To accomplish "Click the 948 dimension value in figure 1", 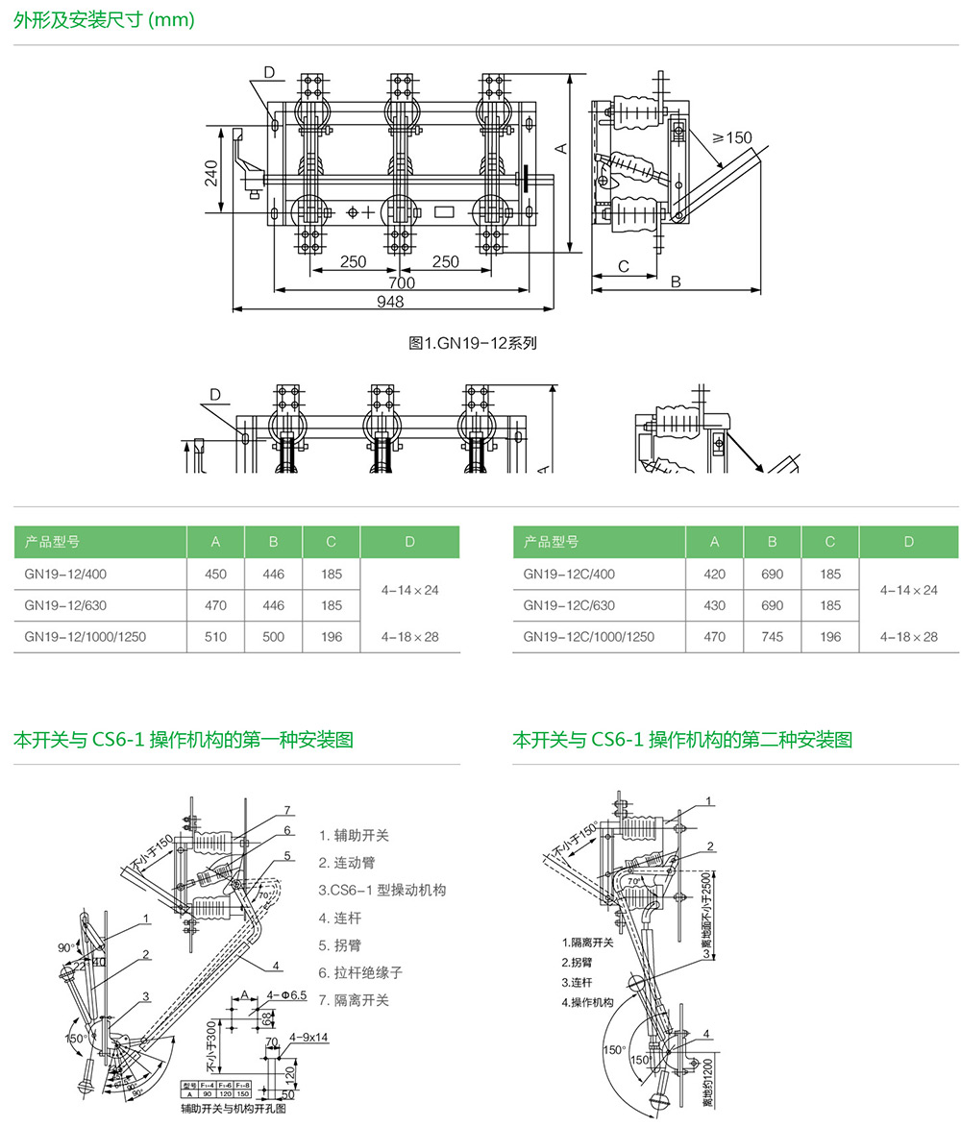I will (390, 301).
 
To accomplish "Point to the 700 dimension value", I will (402, 282).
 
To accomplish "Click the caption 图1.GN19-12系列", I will (473, 342).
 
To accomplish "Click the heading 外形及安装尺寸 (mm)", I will (105, 19).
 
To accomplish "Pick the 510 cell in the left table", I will (216, 636).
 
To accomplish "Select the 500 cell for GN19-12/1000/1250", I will (274, 636).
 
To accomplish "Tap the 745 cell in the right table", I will (772, 636).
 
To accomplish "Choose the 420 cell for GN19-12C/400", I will (714, 574).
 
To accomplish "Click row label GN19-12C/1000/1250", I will (588, 636).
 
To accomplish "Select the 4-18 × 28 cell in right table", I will (909, 636).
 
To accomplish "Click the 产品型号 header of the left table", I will (52, 542).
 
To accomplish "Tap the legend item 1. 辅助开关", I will (355, 836).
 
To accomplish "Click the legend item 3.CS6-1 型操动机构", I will (382, 890).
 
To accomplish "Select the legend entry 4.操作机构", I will (588, 1002).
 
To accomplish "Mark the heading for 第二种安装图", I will (682, 740).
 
